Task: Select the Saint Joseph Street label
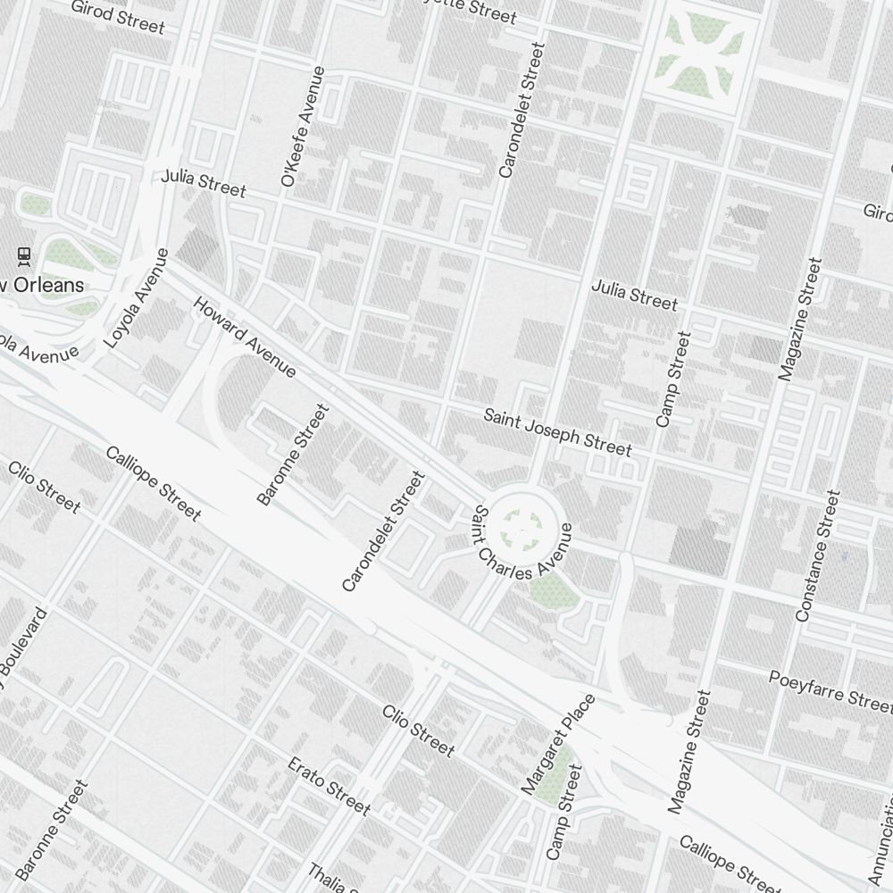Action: [557, 432]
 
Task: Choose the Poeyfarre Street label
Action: [830, 688]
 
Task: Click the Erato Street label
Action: [329, 786]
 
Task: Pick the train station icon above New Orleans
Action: [24, 257]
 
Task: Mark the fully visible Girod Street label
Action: [118, 16]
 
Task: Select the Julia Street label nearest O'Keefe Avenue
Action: [204, 183]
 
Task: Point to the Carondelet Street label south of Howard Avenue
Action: [382, 531]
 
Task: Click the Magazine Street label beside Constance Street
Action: [799, 320]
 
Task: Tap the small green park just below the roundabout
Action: [551, 589]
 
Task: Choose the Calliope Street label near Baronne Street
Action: [153, 483]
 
